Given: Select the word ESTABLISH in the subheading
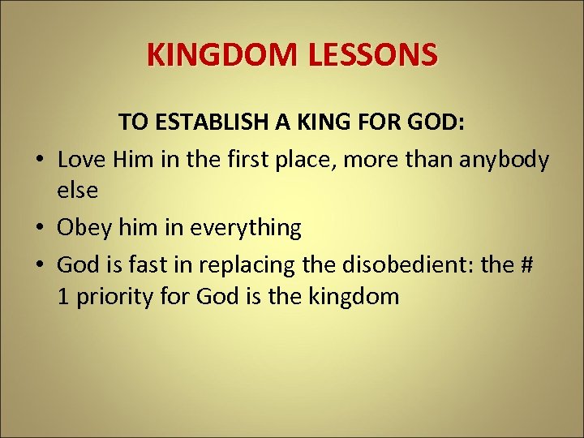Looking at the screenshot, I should [x=209, y=122].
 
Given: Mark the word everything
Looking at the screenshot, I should [x=246, y=228].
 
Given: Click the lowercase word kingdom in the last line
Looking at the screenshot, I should [x=354, y=297].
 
